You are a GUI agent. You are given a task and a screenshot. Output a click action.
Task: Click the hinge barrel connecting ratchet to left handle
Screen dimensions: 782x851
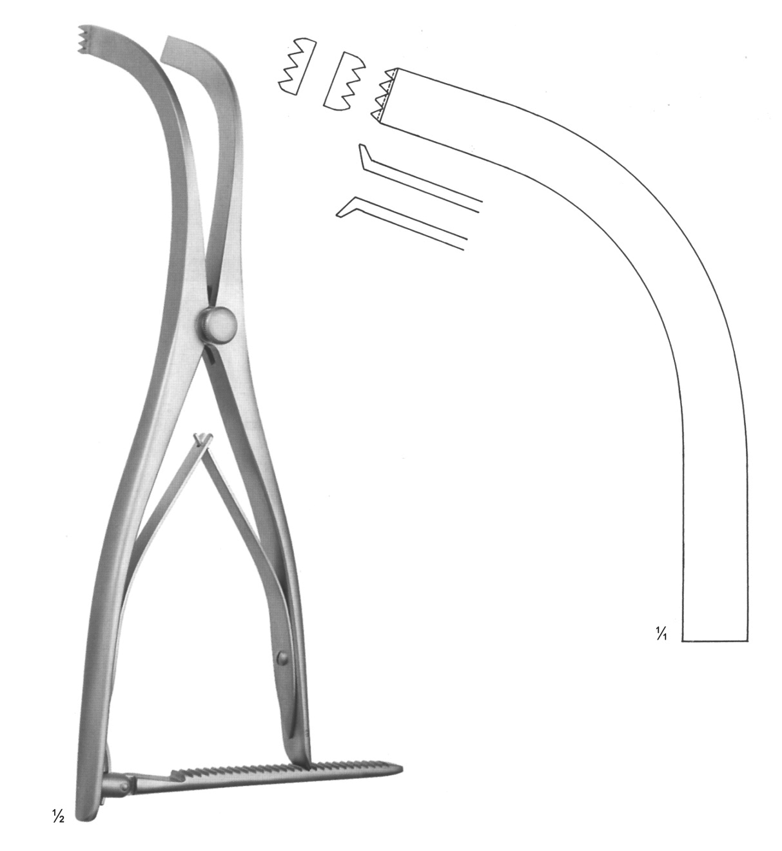(x=115, y=787)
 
